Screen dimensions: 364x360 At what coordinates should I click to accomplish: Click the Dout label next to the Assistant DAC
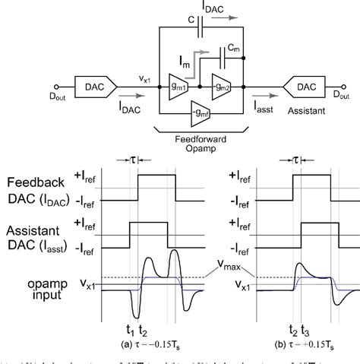(345, 97)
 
